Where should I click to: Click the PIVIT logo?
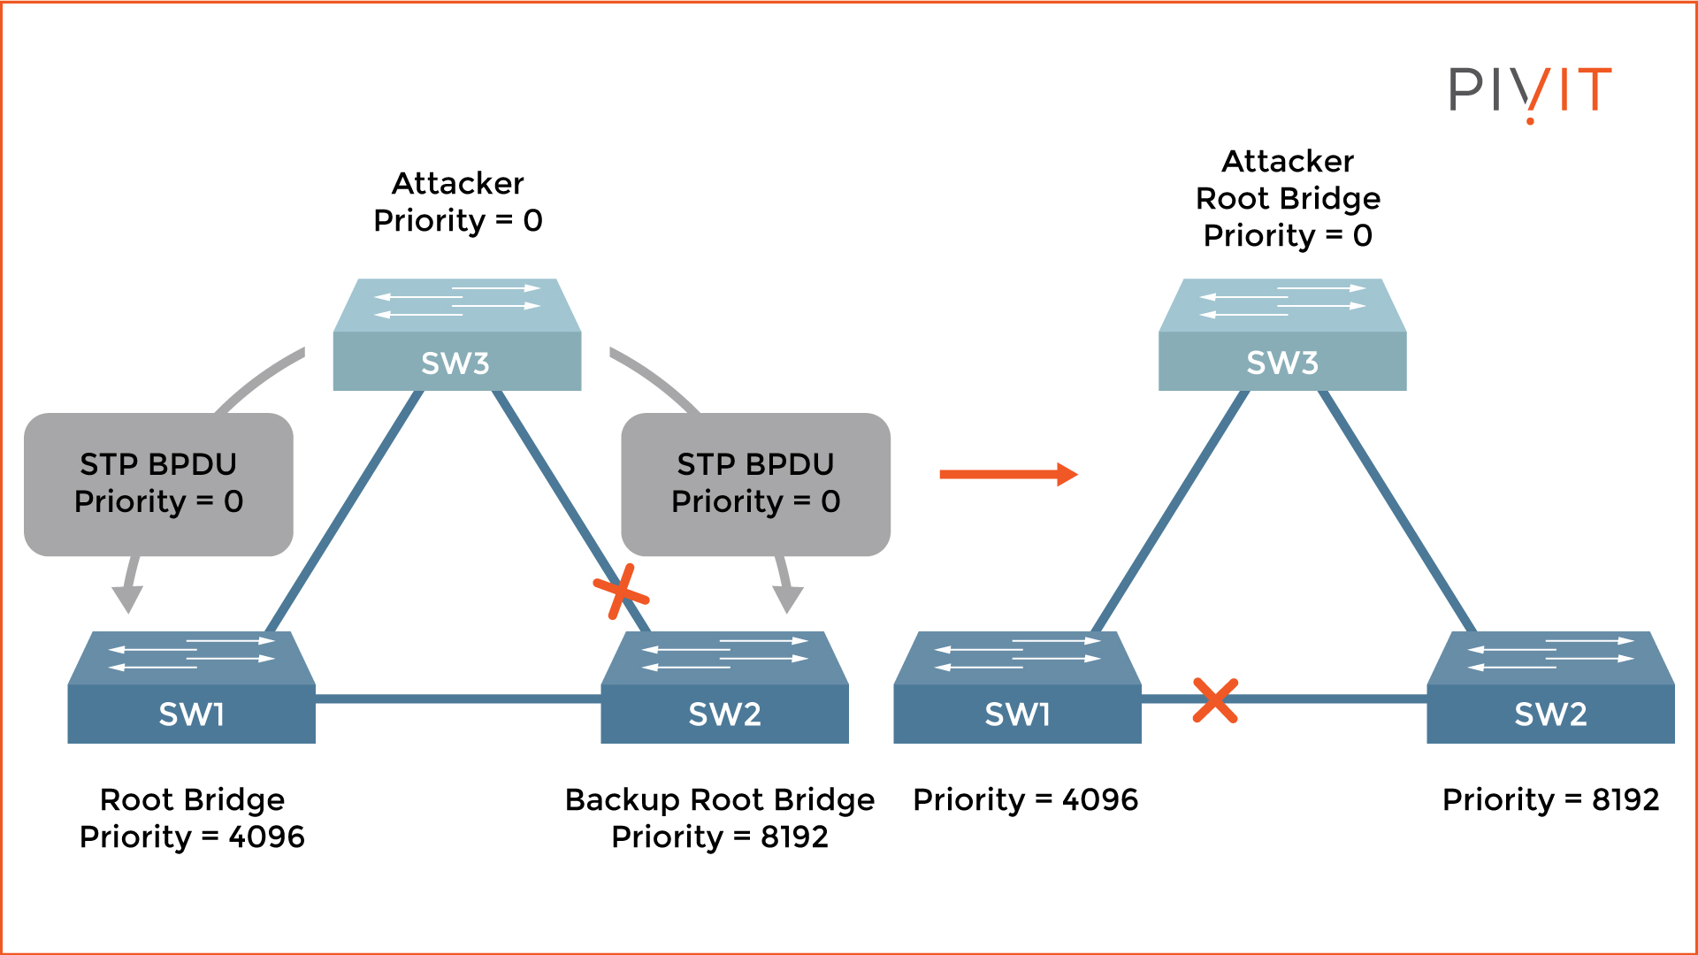click(x=1530, y=91)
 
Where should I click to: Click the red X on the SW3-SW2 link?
click(x=621, y=591)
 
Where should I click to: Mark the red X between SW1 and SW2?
click(x=1215, y=700)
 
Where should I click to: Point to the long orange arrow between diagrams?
click(x=1008, y=475)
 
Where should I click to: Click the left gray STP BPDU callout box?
click(x=158, y=484)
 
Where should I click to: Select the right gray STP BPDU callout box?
click(x=755, y=484)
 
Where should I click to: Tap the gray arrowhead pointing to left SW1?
click(x=127, y=600)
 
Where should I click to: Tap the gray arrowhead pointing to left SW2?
click(x=787, y=600)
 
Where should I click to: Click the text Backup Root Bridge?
click(x=720, y=799)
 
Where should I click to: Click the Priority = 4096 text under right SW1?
click(x=1025, y=799)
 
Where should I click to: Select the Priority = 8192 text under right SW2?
click(x=1550, y=799)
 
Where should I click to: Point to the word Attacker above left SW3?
click(x=457, y=183)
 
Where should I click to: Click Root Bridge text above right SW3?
click(x=1288, y=198)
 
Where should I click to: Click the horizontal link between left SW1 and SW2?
click(x=458, y=699)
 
